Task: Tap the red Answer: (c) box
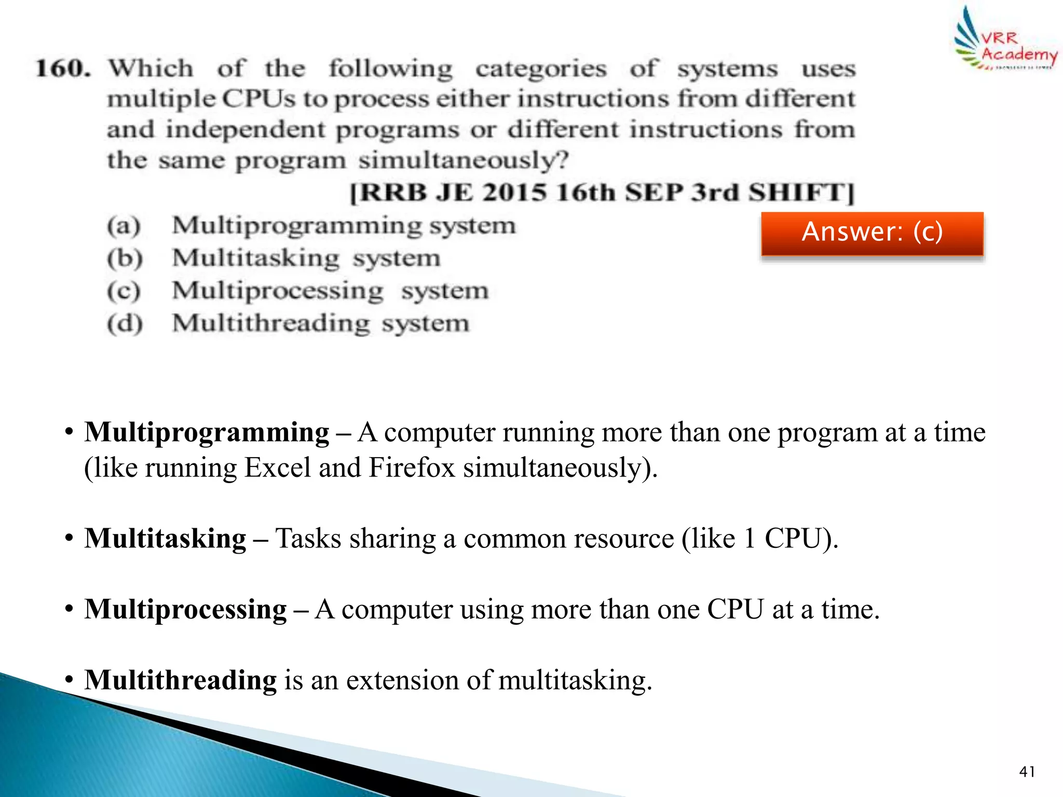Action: coord(872,233)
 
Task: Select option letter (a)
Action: coord(124,226)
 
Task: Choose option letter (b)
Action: coord(125,258)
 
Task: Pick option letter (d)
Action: coord(125,324)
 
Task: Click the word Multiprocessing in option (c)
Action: coord(278,291)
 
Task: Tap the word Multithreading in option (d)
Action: coord(271,324)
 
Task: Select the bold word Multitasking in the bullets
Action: coord(166,538)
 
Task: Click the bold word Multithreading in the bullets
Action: coord(181,680)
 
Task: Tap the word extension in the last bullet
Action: coord(402,680)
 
